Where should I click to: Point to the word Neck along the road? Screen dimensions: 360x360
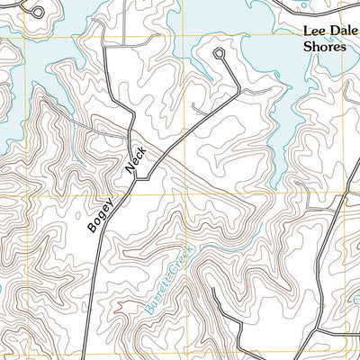(134, 162)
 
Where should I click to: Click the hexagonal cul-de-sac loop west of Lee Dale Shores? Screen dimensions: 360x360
(219, 54)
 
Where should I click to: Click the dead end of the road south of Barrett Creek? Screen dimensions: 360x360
(212, 290)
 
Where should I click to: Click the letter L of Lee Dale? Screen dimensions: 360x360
(305, 31)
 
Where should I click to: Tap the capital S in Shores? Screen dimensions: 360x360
(306, 47)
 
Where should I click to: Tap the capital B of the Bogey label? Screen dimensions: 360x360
(93, 228)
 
